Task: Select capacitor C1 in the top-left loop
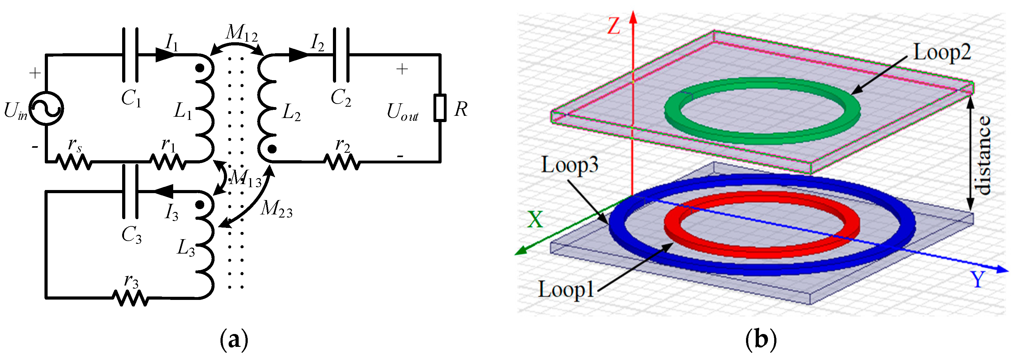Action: click(x=131, y=55)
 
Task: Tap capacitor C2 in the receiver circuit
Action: click(x=341, y=55)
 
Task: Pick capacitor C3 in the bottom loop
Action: click(x=131, y=191)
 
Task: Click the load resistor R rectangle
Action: click(x=440, y=108)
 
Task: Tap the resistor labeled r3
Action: click(x=131, y=298)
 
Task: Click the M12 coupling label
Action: click(x=241, y=33)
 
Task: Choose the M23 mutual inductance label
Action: click(x=276, y=208)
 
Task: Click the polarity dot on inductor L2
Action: click(x=272, y=149)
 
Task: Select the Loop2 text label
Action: click(x=942, y=52)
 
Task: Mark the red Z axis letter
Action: click(x=614, y=26)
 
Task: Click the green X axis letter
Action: click(x=535, y=220)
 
